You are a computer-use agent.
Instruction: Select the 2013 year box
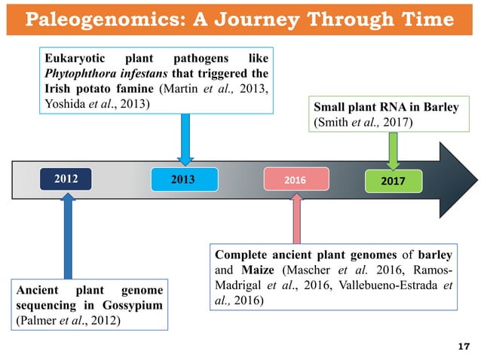coord(183,180)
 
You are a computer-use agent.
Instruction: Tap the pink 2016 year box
coord(296,181)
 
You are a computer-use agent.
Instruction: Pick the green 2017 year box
coord(394,181)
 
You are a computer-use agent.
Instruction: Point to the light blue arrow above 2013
coord(184,139)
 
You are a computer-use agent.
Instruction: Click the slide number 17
coord(464,346)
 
